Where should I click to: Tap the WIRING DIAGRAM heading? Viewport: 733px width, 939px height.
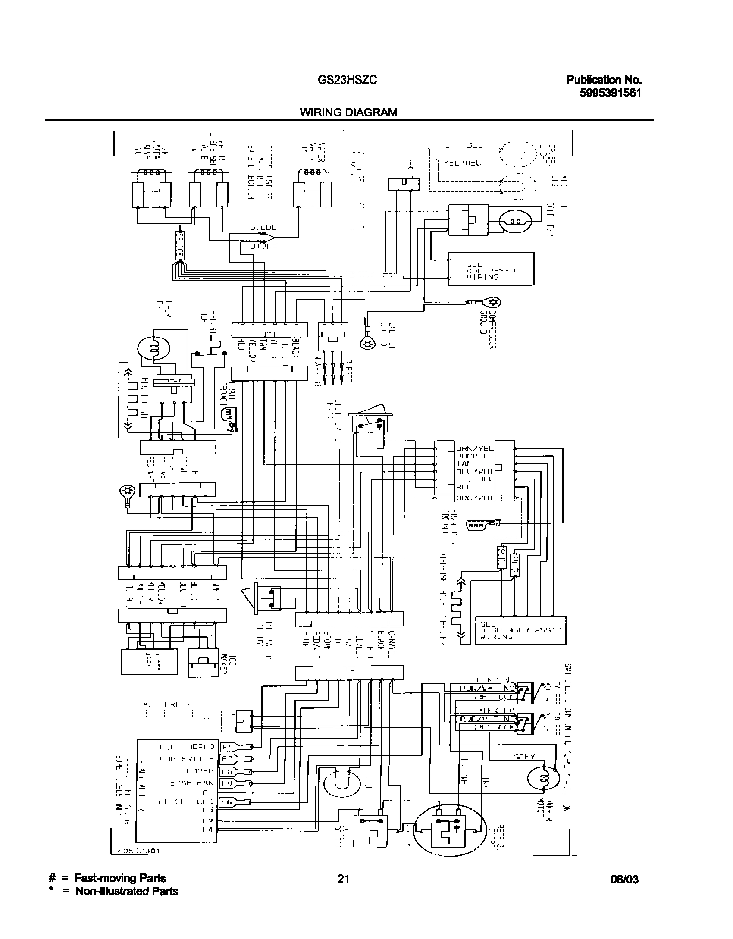[348, 113]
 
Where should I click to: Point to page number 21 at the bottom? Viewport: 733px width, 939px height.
[343, 878]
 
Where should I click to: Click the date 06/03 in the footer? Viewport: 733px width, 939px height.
[624, 879]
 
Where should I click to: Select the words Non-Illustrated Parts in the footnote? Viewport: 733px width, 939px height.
[126, 891]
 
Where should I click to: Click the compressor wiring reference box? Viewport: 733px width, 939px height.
[491, 269]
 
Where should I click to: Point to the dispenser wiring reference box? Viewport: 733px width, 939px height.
[520, 630]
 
